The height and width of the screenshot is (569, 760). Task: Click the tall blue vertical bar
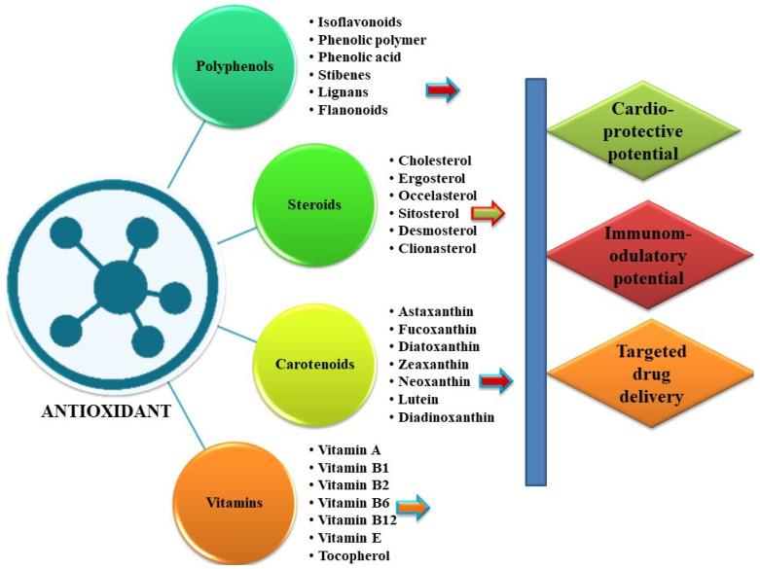click(535, 281)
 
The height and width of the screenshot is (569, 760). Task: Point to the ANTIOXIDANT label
click(106, 411)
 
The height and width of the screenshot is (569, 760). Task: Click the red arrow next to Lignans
click(442, 91)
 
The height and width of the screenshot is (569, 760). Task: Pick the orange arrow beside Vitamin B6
click(413, 504)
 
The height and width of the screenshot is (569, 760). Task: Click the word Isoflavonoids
click(361, 20)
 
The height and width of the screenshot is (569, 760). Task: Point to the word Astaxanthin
click(436, 311)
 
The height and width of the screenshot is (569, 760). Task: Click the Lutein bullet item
click(418, 400)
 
